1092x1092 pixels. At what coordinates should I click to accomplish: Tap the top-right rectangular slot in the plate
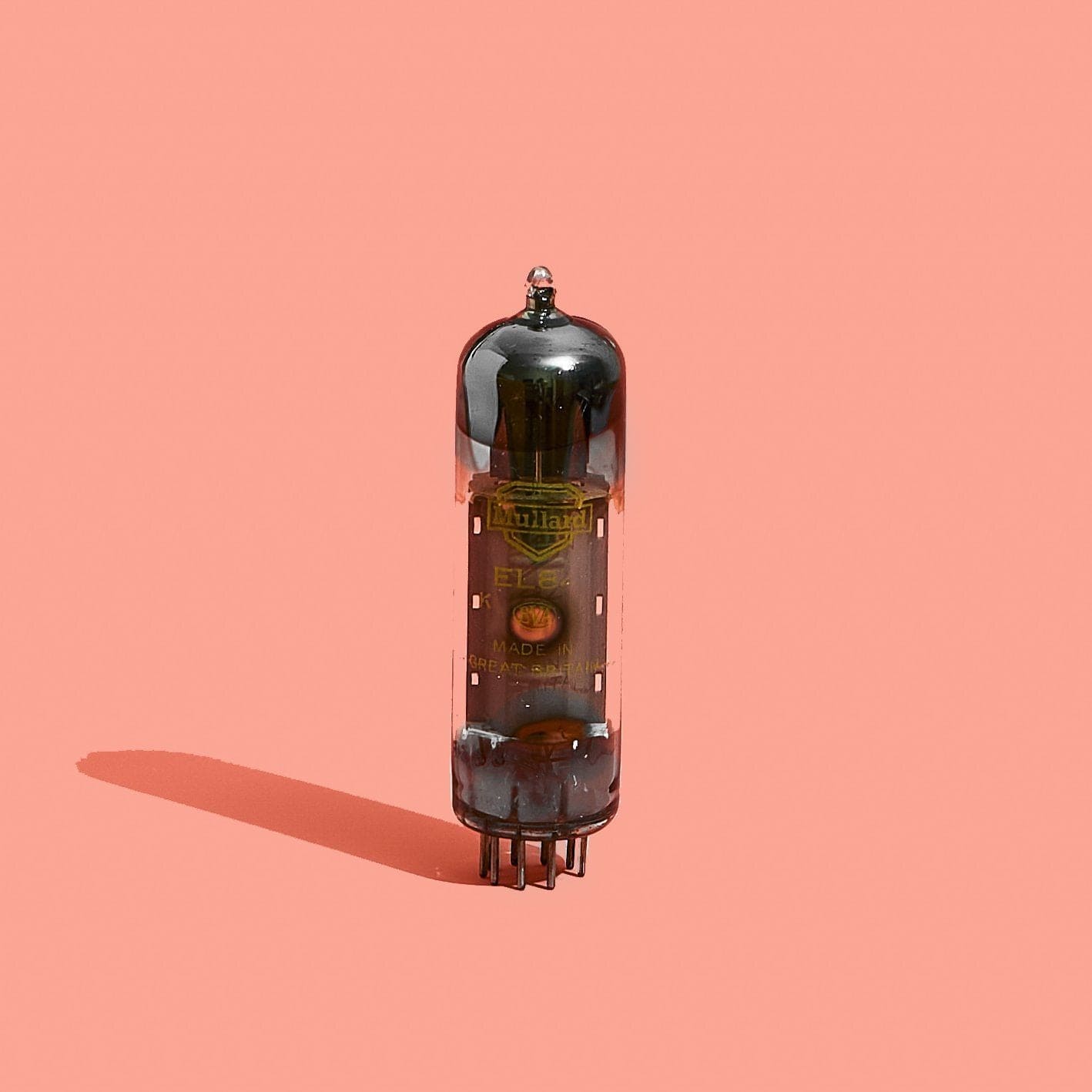coord(598,528)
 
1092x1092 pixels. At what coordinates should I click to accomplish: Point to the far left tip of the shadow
coord(79,762)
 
